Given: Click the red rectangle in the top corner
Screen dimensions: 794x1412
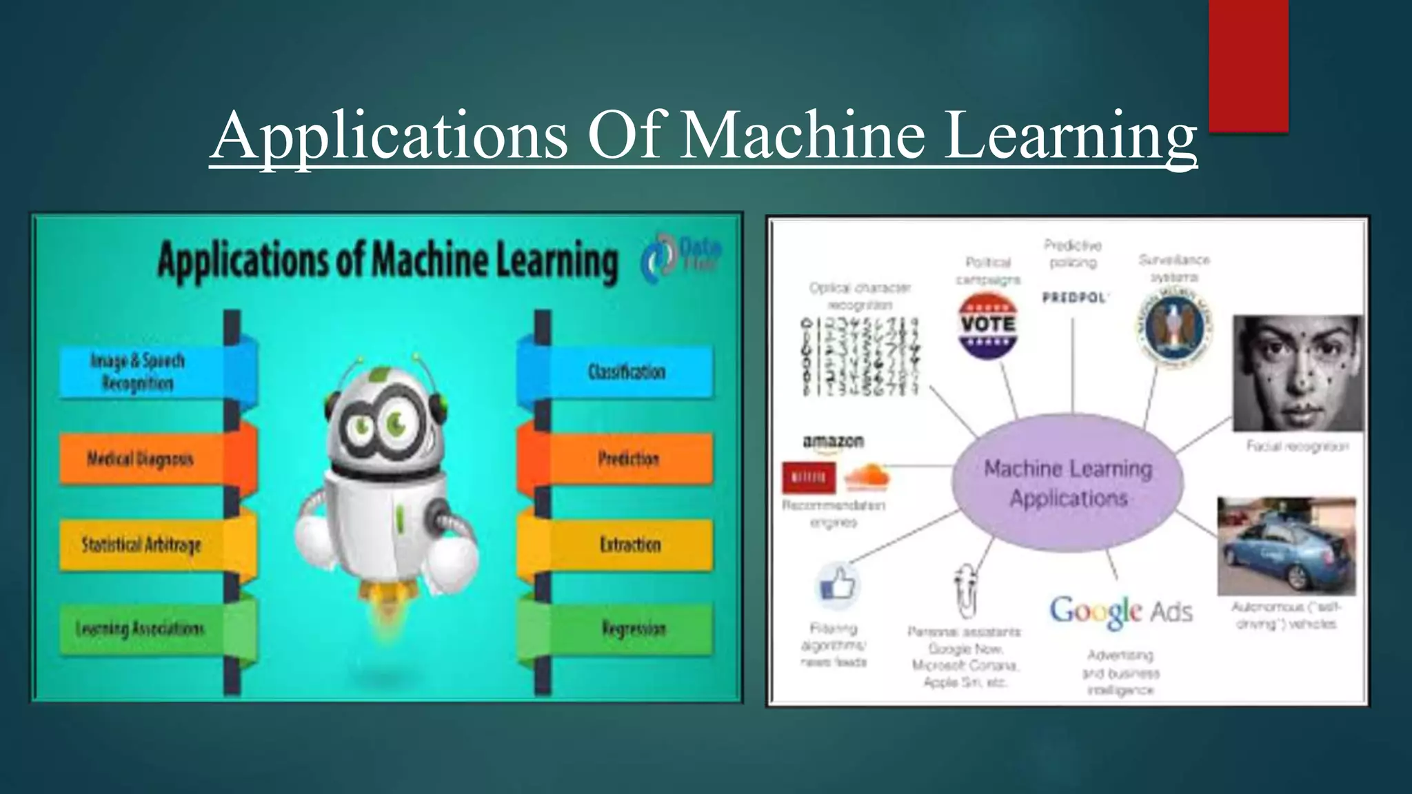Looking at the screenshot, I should pyautogui.click(x=1248, y=65).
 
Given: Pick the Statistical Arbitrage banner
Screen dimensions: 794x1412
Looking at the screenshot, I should pyautogui.click(x=141, y=545).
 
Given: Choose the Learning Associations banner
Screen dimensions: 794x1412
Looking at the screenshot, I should pyautogui.click(x=141, y=629).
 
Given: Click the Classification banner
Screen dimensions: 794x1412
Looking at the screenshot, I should pyautogui.click(x=626, y=372).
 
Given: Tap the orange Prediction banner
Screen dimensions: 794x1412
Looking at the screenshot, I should pyautogui.click(x=627, y=459).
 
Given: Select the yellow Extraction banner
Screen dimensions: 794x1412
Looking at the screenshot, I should pyautogui.click(x=629, y=545).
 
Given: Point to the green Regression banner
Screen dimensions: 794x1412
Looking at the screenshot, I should pyautogui.click(x=631, y=629).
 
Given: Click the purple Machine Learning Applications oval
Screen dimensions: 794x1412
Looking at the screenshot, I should pyautogui.click(x=1067, y=483).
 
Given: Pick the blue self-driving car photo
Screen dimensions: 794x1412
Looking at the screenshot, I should pyautogui.click(x=1286, y=546).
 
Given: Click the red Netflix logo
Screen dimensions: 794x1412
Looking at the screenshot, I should pyautogui.click(x=809, y=478).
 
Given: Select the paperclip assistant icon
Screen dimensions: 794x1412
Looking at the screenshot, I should pyautogui.click(x=965, y=589).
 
